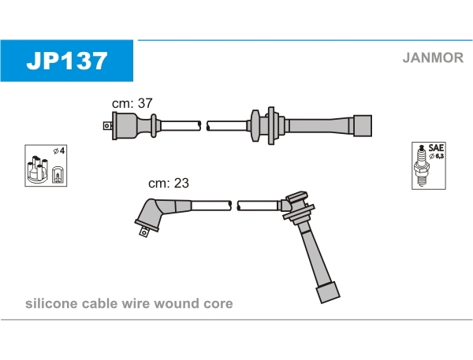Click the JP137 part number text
[x=66, y=61]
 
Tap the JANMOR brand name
[x=432, y=57]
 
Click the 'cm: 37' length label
[x=132, y=103]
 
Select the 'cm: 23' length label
[x=169, y=183]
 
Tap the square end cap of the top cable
[x=361, y=124]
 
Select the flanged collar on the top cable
[x=255, y=124]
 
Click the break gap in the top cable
[x=204, y=124]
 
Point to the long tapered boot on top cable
[x=315, y=124]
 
